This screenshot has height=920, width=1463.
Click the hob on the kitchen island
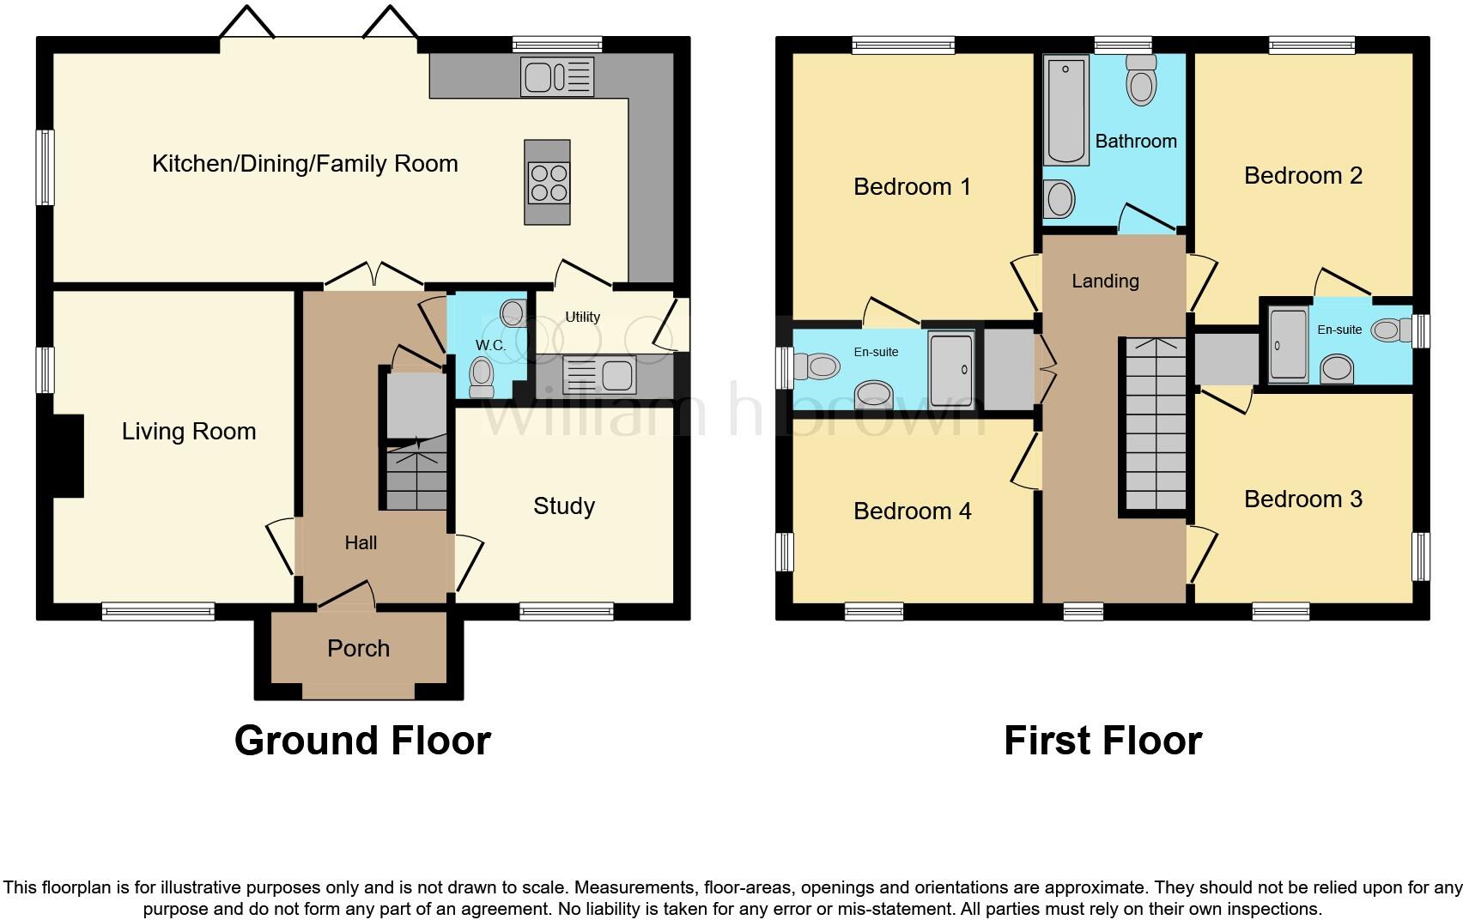548,183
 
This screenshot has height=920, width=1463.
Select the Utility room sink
599,375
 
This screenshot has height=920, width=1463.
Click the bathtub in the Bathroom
1065,110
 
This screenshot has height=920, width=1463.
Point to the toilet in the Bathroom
1140,81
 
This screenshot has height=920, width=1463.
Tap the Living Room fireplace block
68,456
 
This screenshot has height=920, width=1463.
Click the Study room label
563,505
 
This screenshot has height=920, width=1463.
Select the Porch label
358,648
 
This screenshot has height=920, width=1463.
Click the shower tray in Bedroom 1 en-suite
951,369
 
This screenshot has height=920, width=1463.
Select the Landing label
1105,281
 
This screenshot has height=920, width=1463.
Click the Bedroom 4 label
912,511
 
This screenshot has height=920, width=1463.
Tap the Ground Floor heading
362,741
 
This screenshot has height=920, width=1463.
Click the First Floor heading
1102,741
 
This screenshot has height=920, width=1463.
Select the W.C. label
490,345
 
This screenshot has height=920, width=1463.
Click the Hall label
361,542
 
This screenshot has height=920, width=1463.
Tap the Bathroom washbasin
1060,199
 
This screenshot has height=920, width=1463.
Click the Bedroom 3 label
1302,499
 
